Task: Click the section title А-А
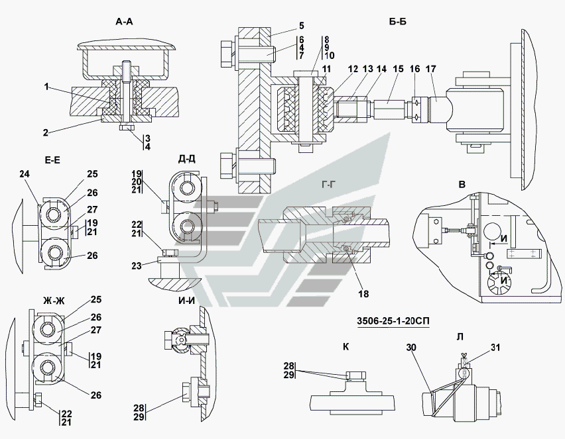click(124, 22)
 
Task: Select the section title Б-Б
click(398, 22)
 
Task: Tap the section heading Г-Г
click(329, 185)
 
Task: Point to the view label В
click(462, 185)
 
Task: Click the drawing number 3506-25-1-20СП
click(393, 320)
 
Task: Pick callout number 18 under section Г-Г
click(363, 294)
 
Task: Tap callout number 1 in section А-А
click(46, 87)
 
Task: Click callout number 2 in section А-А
click(45, 133)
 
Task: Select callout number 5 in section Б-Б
click(301, 26)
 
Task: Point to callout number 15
click(399, 69)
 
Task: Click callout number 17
click(431, 69)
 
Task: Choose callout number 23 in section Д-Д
click(137, 266)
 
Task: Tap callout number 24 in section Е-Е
click(25, 174)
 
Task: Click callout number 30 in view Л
click(411, 347)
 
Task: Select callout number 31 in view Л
click(495, 347)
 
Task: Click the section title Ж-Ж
click(54, 301)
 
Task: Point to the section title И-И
click(186, 301)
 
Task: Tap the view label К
click(346, 346)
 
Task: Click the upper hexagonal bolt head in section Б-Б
click(227, 53)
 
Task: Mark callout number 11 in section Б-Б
click(326, 69)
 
